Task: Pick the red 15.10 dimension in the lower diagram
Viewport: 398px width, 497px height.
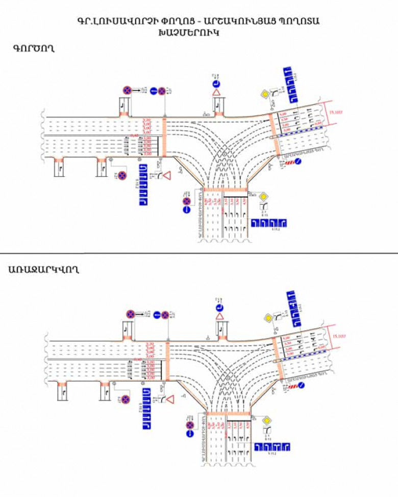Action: click(338, 336)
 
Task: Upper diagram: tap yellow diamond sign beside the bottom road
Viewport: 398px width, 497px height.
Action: click(264, 197)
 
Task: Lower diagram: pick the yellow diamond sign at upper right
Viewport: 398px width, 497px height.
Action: click(267, 317)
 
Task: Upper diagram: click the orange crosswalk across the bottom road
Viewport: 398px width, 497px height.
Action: click(225, 191)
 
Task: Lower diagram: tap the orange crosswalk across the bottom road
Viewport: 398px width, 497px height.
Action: click(229, 412)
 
